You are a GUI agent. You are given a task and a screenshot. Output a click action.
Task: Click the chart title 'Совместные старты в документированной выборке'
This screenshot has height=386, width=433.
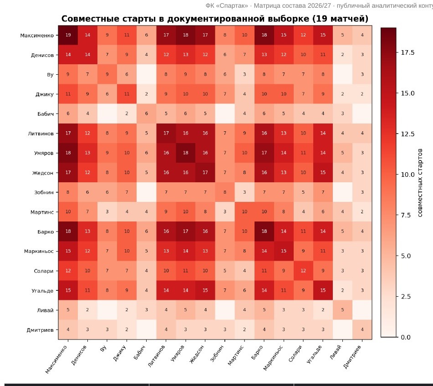click(x=185, y=19)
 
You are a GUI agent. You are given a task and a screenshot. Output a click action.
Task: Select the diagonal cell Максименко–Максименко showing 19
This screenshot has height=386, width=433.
click(x=68, y=35)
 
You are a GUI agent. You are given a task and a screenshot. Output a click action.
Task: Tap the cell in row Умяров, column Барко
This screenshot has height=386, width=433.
click(x=264, y=153)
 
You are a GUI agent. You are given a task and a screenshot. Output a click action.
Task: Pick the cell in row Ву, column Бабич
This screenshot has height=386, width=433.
click(x=146, y=74)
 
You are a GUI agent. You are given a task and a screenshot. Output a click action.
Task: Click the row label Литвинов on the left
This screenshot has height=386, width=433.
click(x=41, y=134)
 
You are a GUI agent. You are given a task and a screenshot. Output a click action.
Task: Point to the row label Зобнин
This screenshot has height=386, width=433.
click(x=44, y=192)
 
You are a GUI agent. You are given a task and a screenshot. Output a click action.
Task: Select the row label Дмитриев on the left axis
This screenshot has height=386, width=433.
click(x=40, y=329)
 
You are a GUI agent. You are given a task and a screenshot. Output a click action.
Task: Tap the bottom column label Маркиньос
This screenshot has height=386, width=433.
click(x=273, y=358)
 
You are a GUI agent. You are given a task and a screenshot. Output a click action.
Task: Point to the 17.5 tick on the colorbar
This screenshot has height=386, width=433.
click(x=408, y=52)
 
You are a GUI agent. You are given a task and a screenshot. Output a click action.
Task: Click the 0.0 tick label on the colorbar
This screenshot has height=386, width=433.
click(x=405, y=337)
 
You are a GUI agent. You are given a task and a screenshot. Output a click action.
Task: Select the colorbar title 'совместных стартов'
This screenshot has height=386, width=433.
click(x=420, y=183)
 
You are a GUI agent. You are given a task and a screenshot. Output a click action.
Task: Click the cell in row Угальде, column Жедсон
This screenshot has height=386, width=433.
click(x=205, y=290)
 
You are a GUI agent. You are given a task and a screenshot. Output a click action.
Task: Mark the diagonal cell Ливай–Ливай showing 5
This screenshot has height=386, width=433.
click(x=342, y=310)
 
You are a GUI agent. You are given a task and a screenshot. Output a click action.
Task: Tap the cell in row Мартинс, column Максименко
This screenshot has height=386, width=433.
click(x=68, y=211)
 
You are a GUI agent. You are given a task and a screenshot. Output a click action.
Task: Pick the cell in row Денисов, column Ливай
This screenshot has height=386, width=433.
click(x=342, y=55)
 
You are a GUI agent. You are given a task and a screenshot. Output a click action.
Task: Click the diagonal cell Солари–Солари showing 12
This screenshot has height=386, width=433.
click(x=303, y=271)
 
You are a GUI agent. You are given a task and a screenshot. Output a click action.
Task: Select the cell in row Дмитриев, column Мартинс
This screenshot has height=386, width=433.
click(x=245, y=329)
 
